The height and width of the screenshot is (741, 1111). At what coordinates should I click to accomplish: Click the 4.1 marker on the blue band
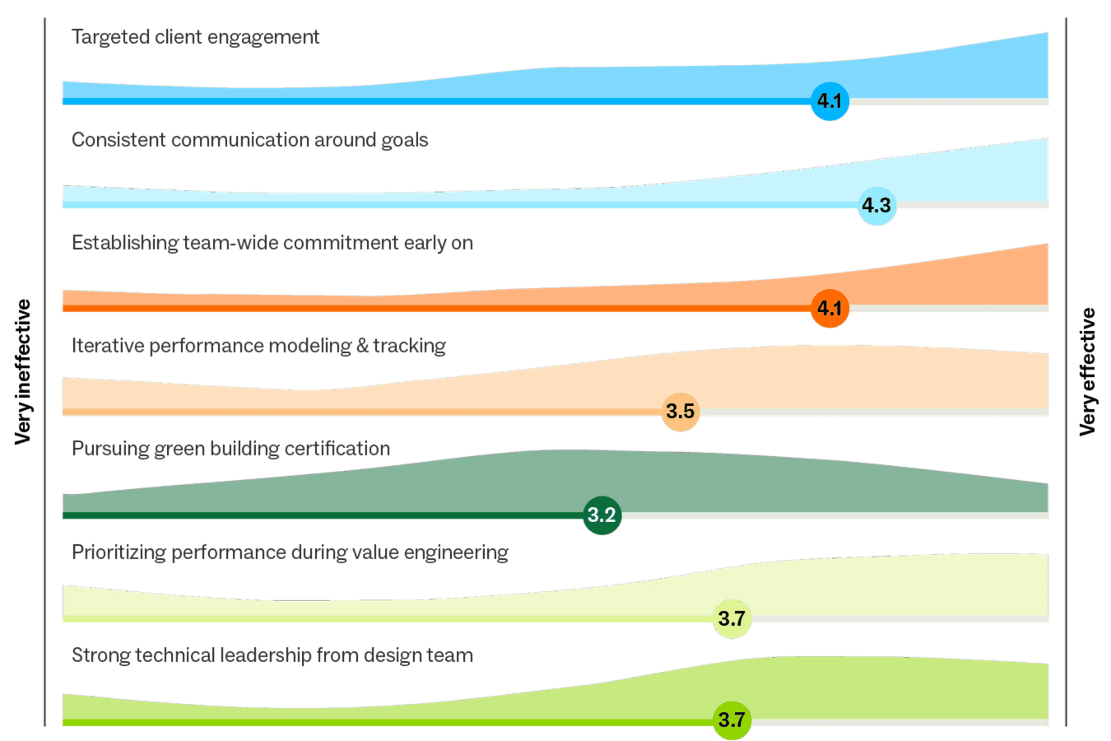[829, 101]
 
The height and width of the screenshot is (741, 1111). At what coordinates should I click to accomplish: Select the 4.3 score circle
[876, 205]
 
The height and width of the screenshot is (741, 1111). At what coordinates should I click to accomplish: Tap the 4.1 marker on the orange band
[829, 309]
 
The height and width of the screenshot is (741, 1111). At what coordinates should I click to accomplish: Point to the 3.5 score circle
[681, 411]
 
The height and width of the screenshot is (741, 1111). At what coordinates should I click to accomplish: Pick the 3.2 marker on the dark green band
[602, 515]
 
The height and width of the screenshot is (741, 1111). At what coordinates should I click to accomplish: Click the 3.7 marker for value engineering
[732, 618]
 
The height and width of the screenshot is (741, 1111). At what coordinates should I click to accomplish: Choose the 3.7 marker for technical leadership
[732, 720]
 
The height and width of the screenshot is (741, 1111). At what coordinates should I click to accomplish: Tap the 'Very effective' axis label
[1088, 371]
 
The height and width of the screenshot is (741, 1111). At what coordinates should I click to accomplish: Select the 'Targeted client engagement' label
[195, 37]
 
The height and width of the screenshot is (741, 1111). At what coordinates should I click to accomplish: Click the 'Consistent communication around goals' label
[249, 140]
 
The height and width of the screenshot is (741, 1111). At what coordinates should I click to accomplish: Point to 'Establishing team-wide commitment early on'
[272, 243]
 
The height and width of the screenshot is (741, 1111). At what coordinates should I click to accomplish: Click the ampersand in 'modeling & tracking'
[363, 346]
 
